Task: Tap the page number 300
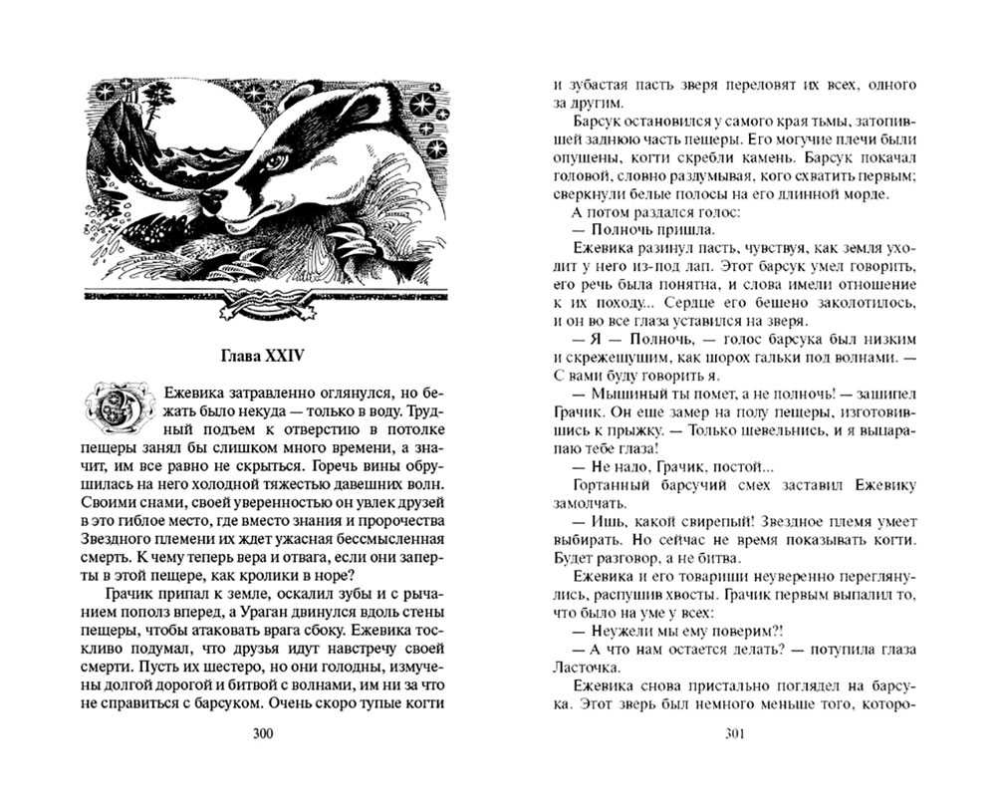(x=263, y=735)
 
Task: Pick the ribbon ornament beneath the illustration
(x=262, y=300)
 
